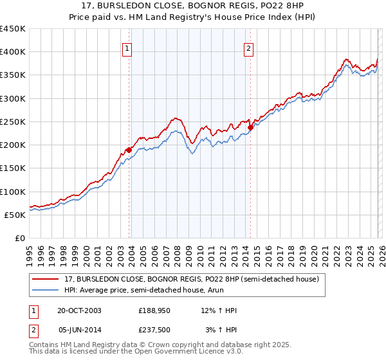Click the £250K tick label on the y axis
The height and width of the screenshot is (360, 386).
(x=12, y=122)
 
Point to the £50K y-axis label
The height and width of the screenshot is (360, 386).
(x=14, y=215)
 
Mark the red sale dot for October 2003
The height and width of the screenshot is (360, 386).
(x=129, y=150)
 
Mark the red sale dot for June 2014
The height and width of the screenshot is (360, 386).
(x=250, y=127)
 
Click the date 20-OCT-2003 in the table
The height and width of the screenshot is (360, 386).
(x=79, y=310)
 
